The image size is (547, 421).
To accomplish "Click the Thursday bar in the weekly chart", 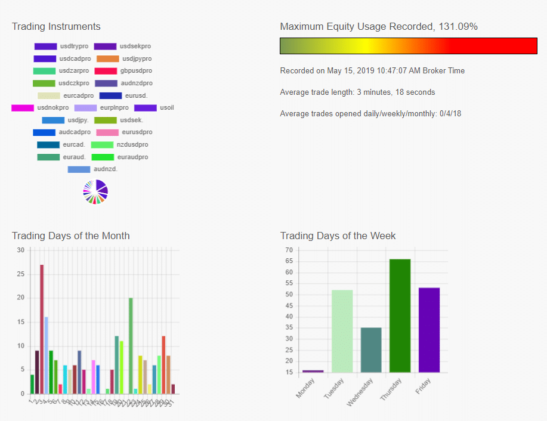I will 400,316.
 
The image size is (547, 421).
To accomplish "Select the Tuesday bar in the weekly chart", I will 342,331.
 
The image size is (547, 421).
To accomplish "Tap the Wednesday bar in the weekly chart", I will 371,350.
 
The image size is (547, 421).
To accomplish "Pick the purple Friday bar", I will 429,330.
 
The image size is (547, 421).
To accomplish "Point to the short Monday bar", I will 313,372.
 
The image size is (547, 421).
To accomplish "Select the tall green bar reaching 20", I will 131,345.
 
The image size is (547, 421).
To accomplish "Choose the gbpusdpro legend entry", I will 123,71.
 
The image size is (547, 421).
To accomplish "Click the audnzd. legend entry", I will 93,169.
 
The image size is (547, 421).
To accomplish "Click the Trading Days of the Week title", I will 338,236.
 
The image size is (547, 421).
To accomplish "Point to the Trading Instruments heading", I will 56,26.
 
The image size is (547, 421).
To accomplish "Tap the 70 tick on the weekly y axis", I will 289,250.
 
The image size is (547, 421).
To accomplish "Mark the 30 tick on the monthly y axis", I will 21,250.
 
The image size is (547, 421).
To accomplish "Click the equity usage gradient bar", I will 409,46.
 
